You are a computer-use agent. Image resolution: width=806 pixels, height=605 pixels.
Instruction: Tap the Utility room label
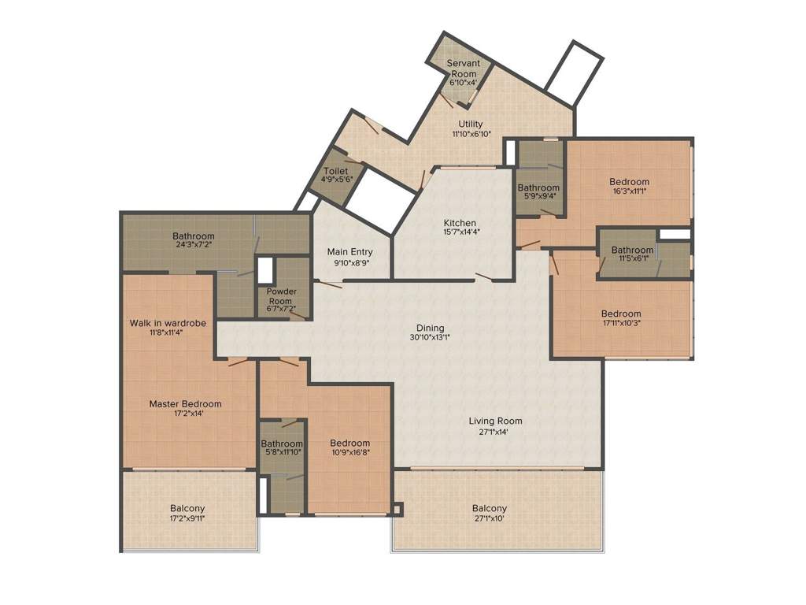click(471, 124)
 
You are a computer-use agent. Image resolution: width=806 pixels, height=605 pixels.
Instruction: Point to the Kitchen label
click(460, 223)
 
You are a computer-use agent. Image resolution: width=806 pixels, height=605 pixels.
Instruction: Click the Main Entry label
click(350, 252)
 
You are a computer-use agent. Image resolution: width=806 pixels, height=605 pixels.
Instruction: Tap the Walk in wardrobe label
click(168, 323)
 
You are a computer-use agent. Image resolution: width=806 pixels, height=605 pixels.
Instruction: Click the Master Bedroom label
click(186, 404)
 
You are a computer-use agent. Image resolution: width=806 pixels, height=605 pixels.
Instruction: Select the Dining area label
click(431, 328)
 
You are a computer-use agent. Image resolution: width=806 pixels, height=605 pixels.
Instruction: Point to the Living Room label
click(496, 421)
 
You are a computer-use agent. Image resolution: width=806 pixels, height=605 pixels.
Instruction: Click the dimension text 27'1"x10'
click(490, 519)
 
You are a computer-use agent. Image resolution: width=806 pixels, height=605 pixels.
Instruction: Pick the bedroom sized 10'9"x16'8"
click(349, 447)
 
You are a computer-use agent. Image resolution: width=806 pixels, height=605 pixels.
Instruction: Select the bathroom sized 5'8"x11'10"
click(282, 447)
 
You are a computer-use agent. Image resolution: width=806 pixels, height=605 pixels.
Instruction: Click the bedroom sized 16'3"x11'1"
click(630, 186)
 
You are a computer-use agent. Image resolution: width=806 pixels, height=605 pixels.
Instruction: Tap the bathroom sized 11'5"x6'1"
click(632, 253)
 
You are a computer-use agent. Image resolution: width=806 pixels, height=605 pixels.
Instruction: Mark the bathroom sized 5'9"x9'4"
click(538, 191)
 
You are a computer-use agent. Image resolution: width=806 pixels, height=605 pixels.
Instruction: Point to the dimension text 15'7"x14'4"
click(460, 232)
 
